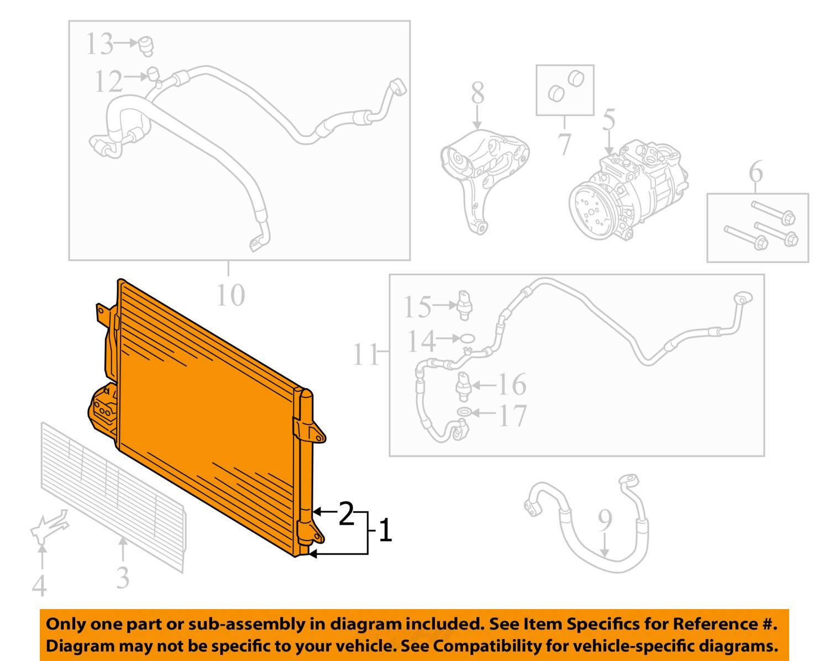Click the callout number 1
pos(385,531)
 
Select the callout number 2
pos(346,513)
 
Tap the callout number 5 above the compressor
pos(608,121)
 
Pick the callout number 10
pos(230,295)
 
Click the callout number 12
pos(108,81)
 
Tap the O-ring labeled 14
pos(467,338)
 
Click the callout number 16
pos(511,385)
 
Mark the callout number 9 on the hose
pos(605,520)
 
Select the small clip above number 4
pos(49,528)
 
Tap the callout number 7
pos(564,144)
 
